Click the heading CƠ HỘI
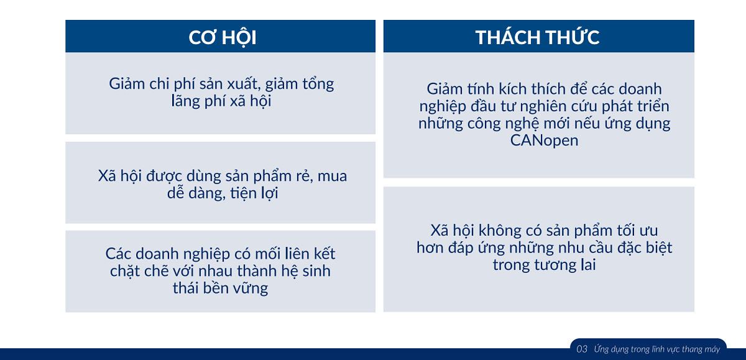pyautogui.click(x=223, y=37)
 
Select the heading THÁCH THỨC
pyautogui.click(x=538, y=37)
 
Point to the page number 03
pyautogui.click(x=582, y=349)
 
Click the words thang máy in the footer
pyautogui.click(x=701, y=349)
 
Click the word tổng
pyautogui.click(x=318, y=83)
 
